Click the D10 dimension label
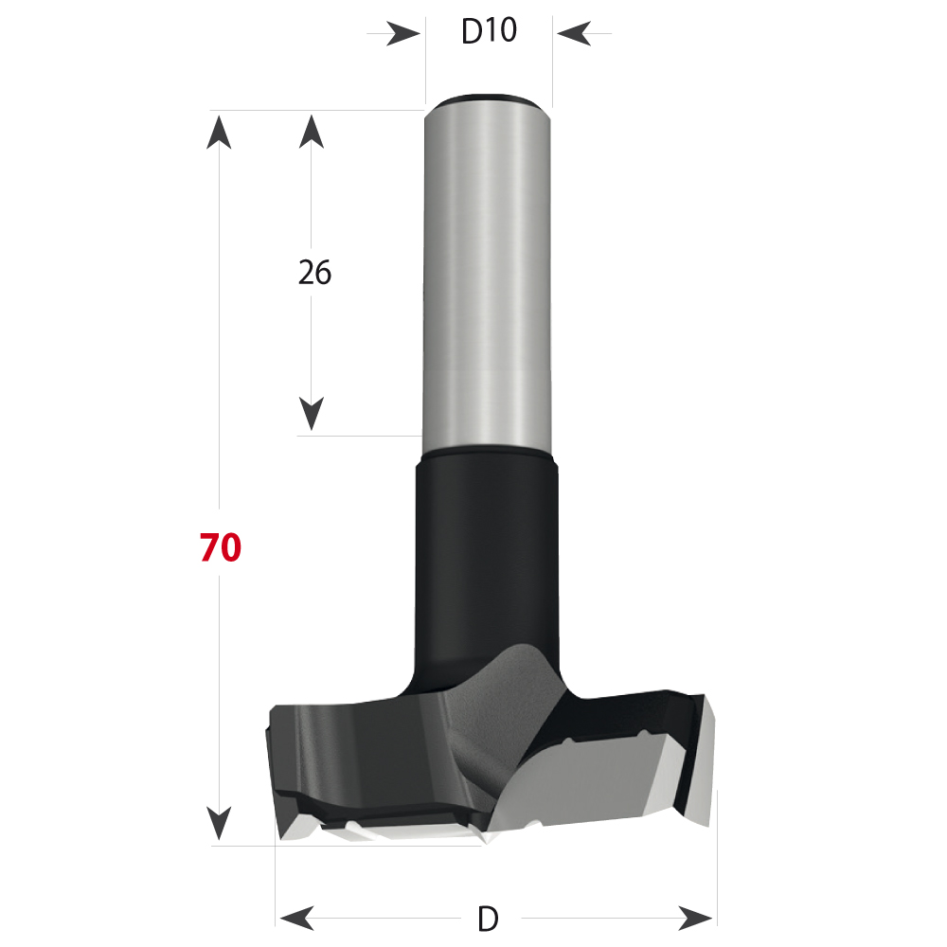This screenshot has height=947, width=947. pyautogui.click(x=489, y=32)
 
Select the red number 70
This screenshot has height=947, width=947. pyautogui.click(x=220, y=548)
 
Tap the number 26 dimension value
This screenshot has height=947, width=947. pyautogui.click(x=314, y=273)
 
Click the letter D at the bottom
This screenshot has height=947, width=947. pyautogui.click(x=488, y=918)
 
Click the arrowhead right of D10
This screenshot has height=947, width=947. pyautogui.click(x=573, y=34)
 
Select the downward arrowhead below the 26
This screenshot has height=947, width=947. pyautogui.click(x=313, y=414)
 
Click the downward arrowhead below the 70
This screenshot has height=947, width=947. pyautogui.click(x=220, y=823)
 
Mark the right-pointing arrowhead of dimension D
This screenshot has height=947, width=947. pyautogui.click(x=696, y=917)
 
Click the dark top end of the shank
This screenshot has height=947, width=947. pyautogui.click(x=487, y=98)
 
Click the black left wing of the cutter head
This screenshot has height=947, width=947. pyautogui.click(x=350, y=748)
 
